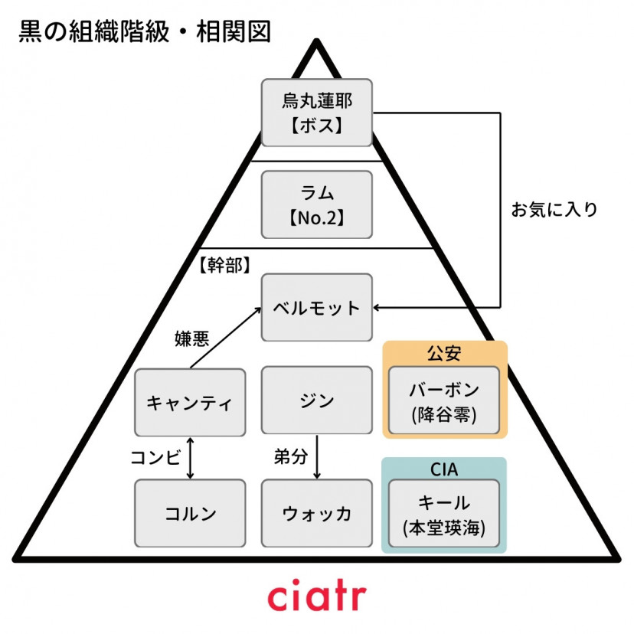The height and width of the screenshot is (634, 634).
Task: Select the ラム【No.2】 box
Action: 317,204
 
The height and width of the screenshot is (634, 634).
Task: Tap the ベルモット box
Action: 317,307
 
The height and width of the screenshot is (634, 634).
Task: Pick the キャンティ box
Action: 190,403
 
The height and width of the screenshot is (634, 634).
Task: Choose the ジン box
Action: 317,400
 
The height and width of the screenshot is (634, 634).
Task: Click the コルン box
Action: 190,513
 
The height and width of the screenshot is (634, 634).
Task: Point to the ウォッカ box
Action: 317,513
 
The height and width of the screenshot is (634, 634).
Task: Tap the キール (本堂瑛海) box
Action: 444,515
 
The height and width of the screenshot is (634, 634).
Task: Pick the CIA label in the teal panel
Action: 444,467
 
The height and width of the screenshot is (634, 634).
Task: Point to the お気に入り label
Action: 554,209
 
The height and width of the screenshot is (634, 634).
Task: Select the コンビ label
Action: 156,457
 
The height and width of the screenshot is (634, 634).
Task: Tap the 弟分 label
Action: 290,457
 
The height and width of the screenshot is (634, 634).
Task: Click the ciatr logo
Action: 317,596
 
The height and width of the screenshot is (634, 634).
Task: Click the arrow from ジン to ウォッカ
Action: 317,457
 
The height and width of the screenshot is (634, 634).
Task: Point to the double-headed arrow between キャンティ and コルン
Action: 190,458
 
